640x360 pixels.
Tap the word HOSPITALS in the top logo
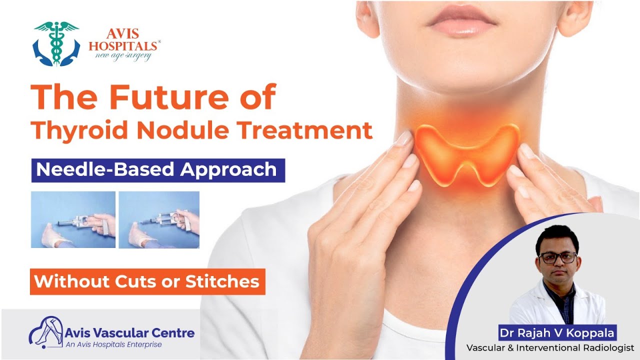point(124,46)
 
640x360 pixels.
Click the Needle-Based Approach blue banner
point(157,170)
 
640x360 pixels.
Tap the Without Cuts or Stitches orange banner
point(147,282)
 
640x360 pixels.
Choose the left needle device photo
point(73,219)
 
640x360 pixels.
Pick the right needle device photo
point(159,219)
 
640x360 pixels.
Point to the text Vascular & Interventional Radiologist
point(550,347)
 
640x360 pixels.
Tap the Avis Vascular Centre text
point(129,332)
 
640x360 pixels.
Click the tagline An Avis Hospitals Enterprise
point(114,345)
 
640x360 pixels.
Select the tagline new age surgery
point(123,56)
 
